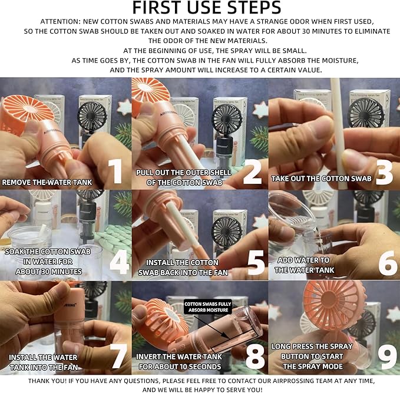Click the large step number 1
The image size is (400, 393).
click(115, 171)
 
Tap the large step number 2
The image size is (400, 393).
click(253, 171)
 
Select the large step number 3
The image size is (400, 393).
click(384, 172)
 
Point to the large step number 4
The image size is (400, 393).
click(120, 262)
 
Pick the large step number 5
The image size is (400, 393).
click(256, 262)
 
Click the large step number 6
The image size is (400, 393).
click(388, 263)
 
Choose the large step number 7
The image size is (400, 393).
click(118, 356)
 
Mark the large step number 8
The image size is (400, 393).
click(255, 356)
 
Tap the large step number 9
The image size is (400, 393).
click(387, 356)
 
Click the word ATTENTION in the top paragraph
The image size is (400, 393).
click(60, 22)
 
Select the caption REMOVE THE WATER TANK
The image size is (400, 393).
click(47, 183)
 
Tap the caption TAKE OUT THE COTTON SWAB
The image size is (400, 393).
click(321, 179)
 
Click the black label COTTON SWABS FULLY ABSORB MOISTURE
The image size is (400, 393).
click(208, 307)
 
